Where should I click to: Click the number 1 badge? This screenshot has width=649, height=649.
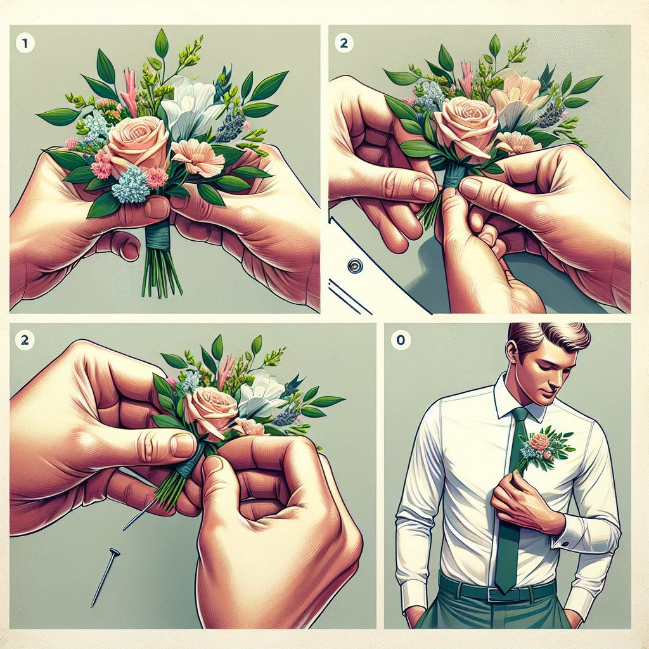point(25,43)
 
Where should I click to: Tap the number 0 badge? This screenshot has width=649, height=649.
point(401,340)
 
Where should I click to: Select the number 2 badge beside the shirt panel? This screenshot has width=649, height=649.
point(344,43)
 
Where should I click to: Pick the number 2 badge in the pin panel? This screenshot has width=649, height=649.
point(25,340)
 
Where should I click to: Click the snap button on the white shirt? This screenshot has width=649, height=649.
point(355,266)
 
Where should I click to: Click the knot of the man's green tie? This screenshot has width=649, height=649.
point(520,414)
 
